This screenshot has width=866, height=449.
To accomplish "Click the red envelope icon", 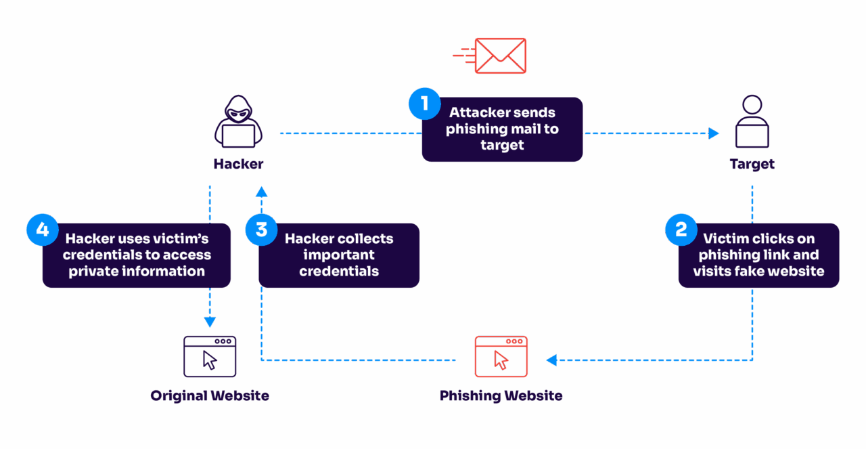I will point(499,56).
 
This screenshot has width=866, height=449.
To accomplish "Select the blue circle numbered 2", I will point(681,230).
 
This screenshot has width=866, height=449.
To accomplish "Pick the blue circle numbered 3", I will point(261,230).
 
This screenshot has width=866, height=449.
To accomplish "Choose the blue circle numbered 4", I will point(43,230).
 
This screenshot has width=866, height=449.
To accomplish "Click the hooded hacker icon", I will point(237,122).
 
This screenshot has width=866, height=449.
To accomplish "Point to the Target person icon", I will point(752,122).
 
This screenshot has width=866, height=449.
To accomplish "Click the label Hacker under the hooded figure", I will point(238,164).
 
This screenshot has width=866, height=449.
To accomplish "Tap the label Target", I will point(752,164).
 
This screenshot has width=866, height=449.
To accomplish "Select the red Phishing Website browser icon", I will point(501,356).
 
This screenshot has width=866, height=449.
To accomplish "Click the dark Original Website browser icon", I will point(210,356).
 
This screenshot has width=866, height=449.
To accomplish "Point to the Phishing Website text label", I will point(501,395).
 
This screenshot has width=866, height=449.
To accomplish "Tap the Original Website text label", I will point(210,395).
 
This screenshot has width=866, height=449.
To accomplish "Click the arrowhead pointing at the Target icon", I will point(714,133).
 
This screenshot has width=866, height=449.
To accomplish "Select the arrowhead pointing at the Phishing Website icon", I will point(551,360).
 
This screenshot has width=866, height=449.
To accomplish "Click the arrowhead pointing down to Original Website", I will point(210,322).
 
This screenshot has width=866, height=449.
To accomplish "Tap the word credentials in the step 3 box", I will point(339,271).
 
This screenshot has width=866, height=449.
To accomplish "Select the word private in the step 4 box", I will point(93,271).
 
